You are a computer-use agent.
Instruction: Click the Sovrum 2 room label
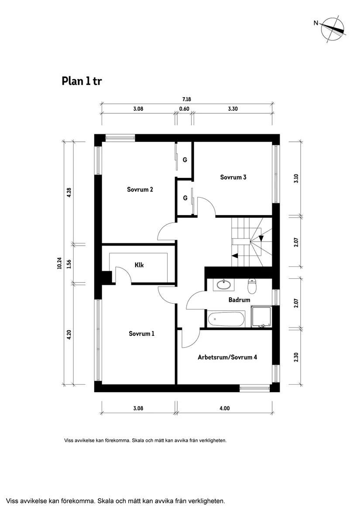click(x=140, y=190)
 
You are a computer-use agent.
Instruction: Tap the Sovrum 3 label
click(x=233, y=177)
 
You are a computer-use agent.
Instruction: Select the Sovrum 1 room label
click(x=142, y=334)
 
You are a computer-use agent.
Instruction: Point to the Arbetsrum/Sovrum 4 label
click(x=227, y=357)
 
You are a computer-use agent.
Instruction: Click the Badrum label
click(x=240, y=300)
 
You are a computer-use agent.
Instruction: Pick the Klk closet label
click(x=139, y=265)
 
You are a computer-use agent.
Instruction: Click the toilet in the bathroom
click(x=253, y=285)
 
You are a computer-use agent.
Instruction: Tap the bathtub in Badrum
click(x=226, y=319)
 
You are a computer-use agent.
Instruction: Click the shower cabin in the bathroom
click(x=261, y=317)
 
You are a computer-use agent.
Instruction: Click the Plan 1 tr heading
click(x=82, y=81)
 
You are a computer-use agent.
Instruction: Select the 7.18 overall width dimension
click(x=186, y=99)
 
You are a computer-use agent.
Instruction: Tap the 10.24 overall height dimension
click(x=59, y=263)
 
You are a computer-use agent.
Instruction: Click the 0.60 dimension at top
click(x=184, y=109)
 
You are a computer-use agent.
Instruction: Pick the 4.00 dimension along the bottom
click(x=225, y=408)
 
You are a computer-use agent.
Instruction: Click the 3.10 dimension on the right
click(x=296, y=178)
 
